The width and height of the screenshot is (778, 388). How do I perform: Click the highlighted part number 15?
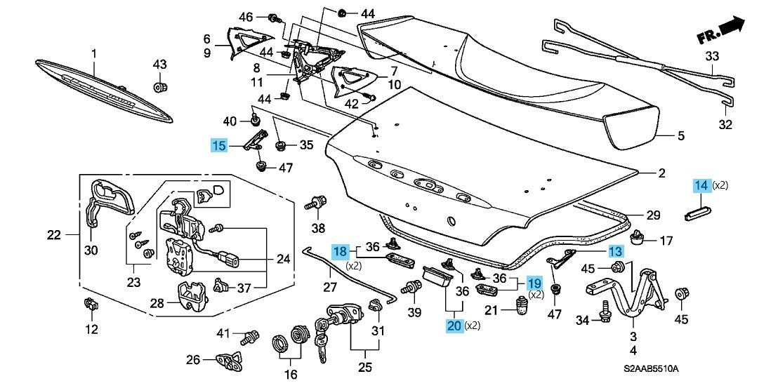(x=220, y=145)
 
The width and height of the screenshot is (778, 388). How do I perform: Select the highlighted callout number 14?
(x=701, y=186)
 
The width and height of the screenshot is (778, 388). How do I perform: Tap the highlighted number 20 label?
(x=454, y=325)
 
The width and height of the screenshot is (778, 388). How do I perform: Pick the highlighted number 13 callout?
(x=615, y=251)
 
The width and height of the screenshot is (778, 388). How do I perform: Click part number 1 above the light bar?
(x=94, y=53)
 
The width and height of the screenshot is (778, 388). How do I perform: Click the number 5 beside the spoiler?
(x=680, y=136)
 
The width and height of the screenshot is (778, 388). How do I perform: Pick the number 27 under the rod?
(x=330, y=286)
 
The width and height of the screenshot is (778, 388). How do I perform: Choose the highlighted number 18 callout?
(x=340, y=250)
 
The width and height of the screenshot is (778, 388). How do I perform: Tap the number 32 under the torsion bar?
(x=725, y=125)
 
